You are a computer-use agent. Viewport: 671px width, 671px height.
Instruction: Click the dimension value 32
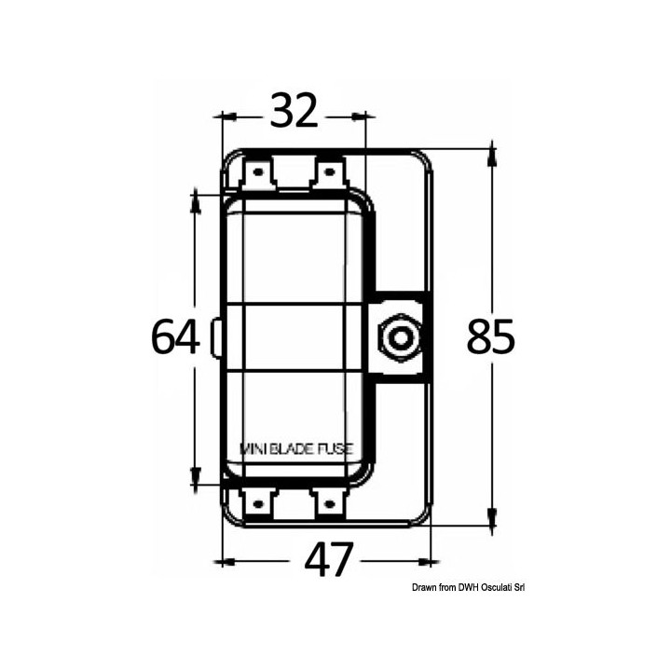294,114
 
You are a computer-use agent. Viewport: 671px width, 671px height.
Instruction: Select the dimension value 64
175,337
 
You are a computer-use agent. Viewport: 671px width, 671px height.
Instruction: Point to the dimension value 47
330,561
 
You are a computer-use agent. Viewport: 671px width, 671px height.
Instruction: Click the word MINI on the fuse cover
254,448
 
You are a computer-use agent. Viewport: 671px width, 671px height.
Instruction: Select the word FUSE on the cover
335,448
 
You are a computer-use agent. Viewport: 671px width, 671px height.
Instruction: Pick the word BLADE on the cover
294,448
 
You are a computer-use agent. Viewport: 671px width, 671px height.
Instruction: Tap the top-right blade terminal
328,173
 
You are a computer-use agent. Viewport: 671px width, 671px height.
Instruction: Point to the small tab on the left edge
216,337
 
